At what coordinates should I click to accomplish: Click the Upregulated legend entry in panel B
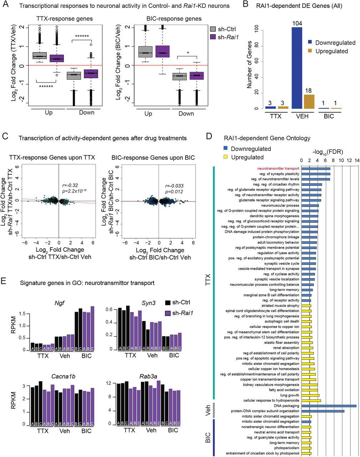[331, 51]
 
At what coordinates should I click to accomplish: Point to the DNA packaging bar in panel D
[329, 406]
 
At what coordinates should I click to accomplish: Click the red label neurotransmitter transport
[279, 169]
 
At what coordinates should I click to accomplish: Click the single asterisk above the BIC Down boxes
[188, 53]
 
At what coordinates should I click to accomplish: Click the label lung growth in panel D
[290, 395]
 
